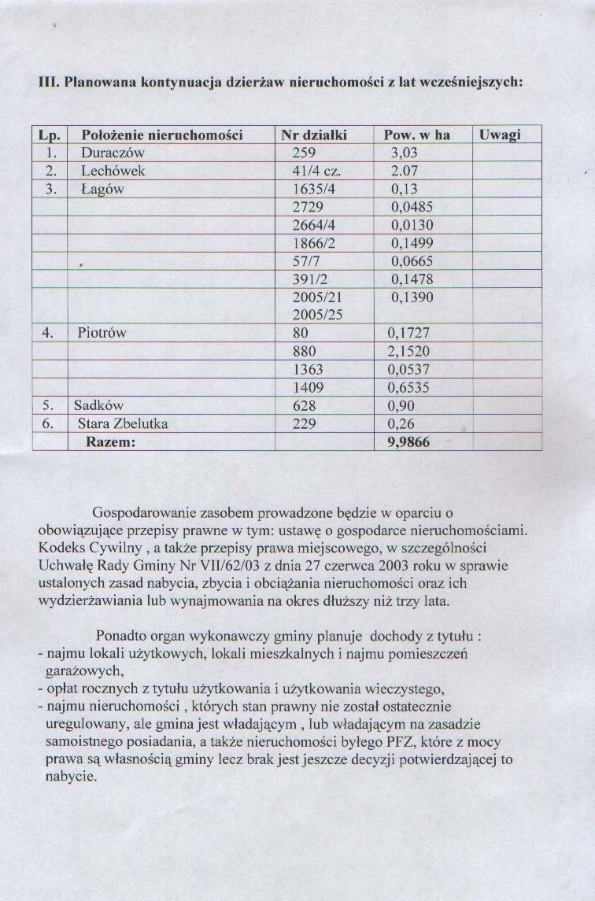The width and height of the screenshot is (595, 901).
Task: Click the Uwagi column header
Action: click(x=500, y=135)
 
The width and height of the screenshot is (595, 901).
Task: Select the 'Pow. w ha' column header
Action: click(x=416, y=135)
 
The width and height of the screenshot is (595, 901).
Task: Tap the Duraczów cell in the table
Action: click(x=113, y=153)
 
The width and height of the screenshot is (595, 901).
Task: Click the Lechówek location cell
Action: click(x=113, y=171)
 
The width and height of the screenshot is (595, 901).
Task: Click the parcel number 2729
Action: click(x=308, y=207)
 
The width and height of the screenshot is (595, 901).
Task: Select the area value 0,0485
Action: click(x=412, y=207)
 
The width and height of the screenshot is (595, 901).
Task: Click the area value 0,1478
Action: click(x=412, y=279)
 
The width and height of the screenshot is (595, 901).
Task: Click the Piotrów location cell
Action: click(x=102, y=333)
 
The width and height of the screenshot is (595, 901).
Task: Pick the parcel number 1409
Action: click(x=308, y=387)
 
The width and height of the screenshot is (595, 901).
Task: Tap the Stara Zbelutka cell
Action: click(x=123, y=424)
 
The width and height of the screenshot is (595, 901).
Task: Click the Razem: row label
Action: click(x=110, y=442)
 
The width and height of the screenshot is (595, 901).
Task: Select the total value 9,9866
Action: click(x=408, y=442)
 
